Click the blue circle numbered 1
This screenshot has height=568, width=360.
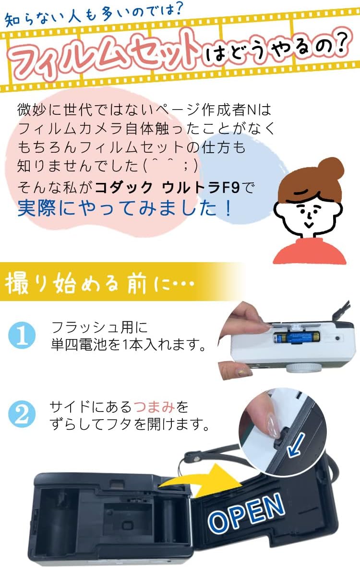click(22, 335)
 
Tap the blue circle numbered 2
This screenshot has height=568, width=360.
click(22, 414)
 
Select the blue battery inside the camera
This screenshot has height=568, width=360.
click(296, 338)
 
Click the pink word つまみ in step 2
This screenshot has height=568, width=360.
click(155, 407)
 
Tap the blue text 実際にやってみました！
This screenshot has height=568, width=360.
click(125, 208)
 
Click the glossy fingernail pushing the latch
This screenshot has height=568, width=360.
click(272, 426)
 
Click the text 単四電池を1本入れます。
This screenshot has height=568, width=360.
click(129, 344)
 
